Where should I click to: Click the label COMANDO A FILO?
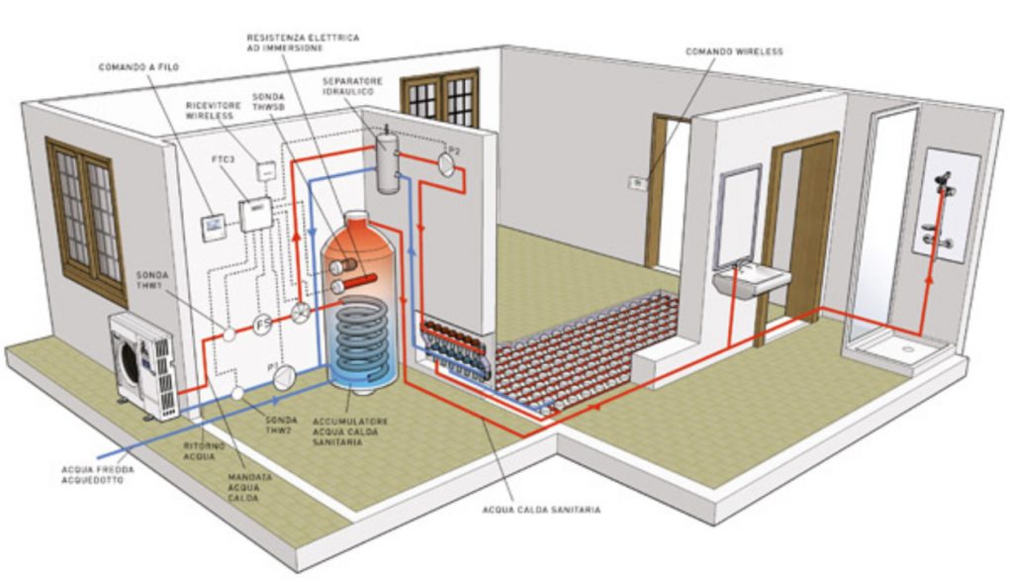(138, 66)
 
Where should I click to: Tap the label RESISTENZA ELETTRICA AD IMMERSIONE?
(303, 43)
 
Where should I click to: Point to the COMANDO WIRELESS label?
(734, 51)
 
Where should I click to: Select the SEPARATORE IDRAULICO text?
(353, 86)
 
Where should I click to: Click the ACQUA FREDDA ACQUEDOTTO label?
(98, 475)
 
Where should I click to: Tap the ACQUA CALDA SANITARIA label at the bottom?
(541, 510)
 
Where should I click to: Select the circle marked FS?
(262, 325)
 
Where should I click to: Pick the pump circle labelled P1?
(283, 377)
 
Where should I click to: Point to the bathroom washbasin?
(752, 282)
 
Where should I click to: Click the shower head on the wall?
(945, 180)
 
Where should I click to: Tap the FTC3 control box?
(256, 213)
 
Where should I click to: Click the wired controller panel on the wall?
(214, 227)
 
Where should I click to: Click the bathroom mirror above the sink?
(736, 217)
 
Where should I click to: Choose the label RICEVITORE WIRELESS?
(210, 111)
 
